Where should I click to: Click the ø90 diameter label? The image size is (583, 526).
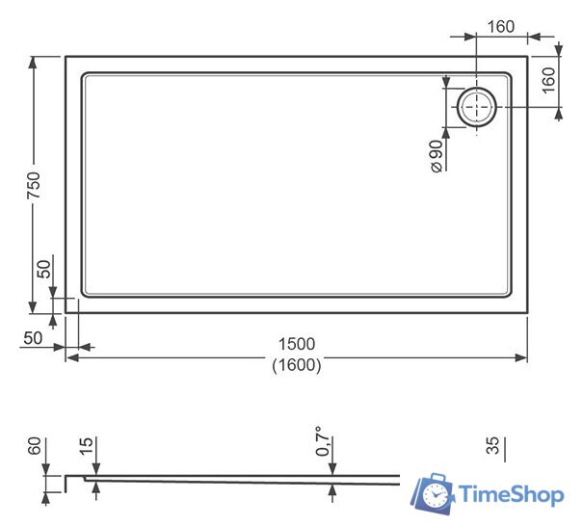tap(436, 155)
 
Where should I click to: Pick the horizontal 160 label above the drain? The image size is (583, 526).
tap(501, 26)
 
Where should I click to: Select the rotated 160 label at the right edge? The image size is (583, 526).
tap(549, 79)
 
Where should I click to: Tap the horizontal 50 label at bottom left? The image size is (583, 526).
tap(32, 338)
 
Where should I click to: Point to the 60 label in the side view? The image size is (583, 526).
tap(35, 447)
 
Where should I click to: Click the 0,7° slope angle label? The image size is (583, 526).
tap(326, 441)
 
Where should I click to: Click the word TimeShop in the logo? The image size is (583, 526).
tap(511, 495)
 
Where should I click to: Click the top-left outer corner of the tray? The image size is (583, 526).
tap(66, 56)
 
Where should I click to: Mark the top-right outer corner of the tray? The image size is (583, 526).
tap(527, 56)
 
